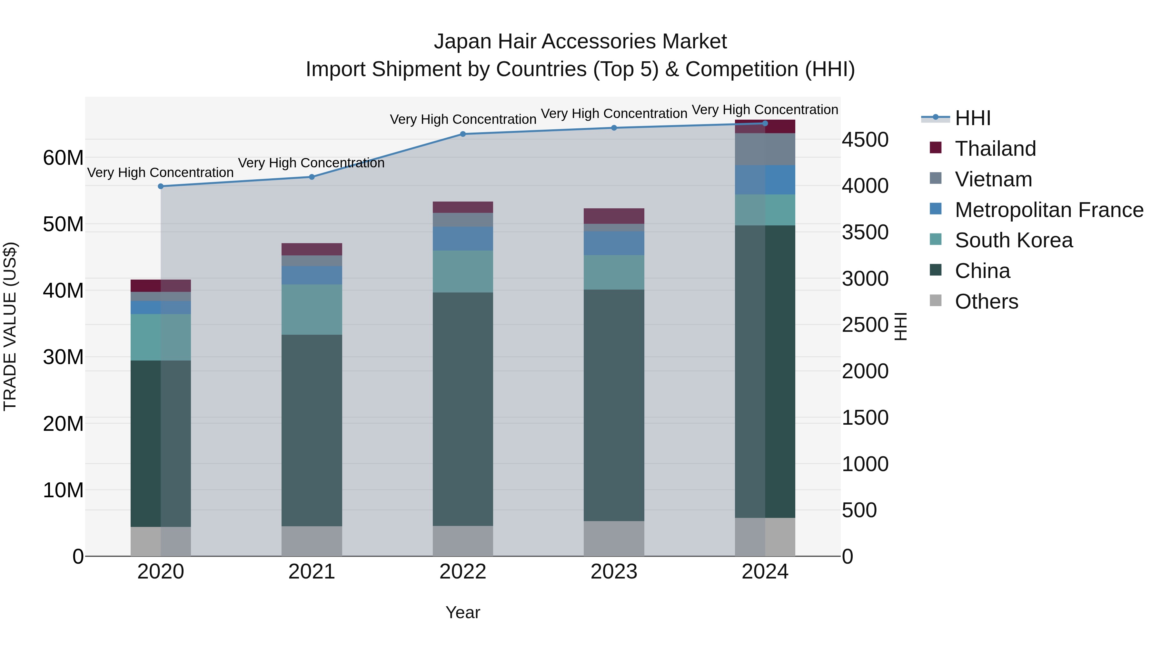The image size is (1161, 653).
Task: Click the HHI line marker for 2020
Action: tap(161, 186)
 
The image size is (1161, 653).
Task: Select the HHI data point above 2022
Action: tap(463, 134)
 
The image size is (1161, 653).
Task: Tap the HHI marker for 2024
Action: tap(765, 124)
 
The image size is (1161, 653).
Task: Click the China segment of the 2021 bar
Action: tap(312, 430)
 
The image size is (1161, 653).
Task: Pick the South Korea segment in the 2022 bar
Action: tap(463, 271)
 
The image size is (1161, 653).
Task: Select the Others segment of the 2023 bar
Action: tap(614, 539)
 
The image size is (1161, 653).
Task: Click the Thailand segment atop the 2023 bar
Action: tap(614, 216)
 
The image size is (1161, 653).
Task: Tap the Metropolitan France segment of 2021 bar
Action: tap(312, 275)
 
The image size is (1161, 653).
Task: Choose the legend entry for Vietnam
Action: tap(993, 179)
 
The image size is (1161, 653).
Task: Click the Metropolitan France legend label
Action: tap(1049, 210)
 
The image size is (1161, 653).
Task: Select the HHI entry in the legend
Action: tap(973, 118)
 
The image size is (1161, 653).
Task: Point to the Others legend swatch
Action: tap(935, 301)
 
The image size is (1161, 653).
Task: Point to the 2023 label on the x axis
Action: tap(614, 572)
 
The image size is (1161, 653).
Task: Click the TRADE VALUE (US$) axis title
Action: tap(10, 326)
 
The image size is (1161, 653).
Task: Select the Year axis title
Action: tap(463, 612)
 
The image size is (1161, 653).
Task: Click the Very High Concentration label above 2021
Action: tap(312, 163)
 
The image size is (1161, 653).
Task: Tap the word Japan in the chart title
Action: tap(461, 42)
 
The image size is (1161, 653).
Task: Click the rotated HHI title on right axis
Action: tap(900, 326)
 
